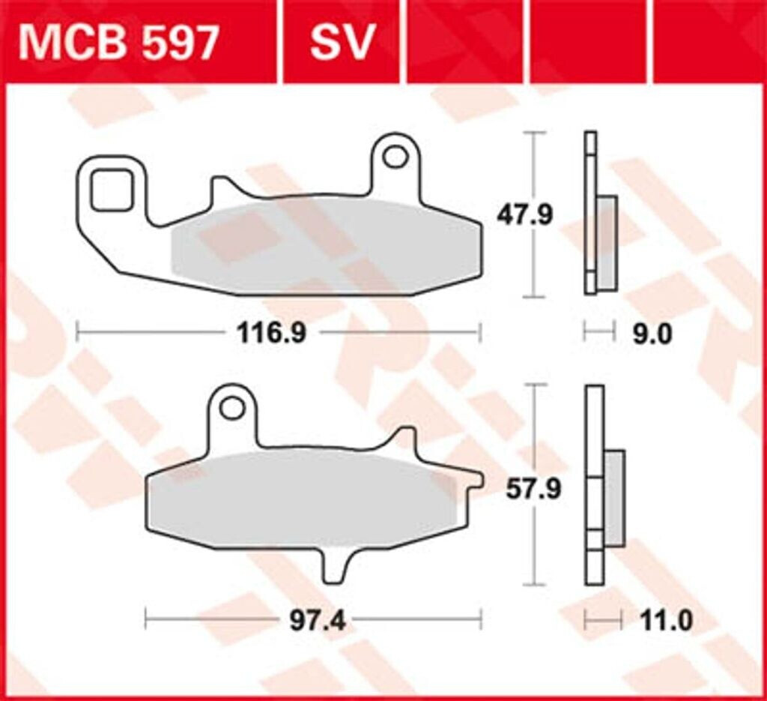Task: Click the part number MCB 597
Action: [x=118, y=43]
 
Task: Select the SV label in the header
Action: [x=342, y=43]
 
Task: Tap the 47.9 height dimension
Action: [x=525, y=215]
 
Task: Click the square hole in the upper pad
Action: [x=110, y=190]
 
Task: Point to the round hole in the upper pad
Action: [x=394, y=157]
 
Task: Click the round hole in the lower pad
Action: [x=232, y=409]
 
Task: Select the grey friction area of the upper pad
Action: [x=322, y=244]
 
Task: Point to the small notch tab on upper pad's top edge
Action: [x=221, y=190]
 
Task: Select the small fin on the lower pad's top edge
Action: [x=405, y=439]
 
